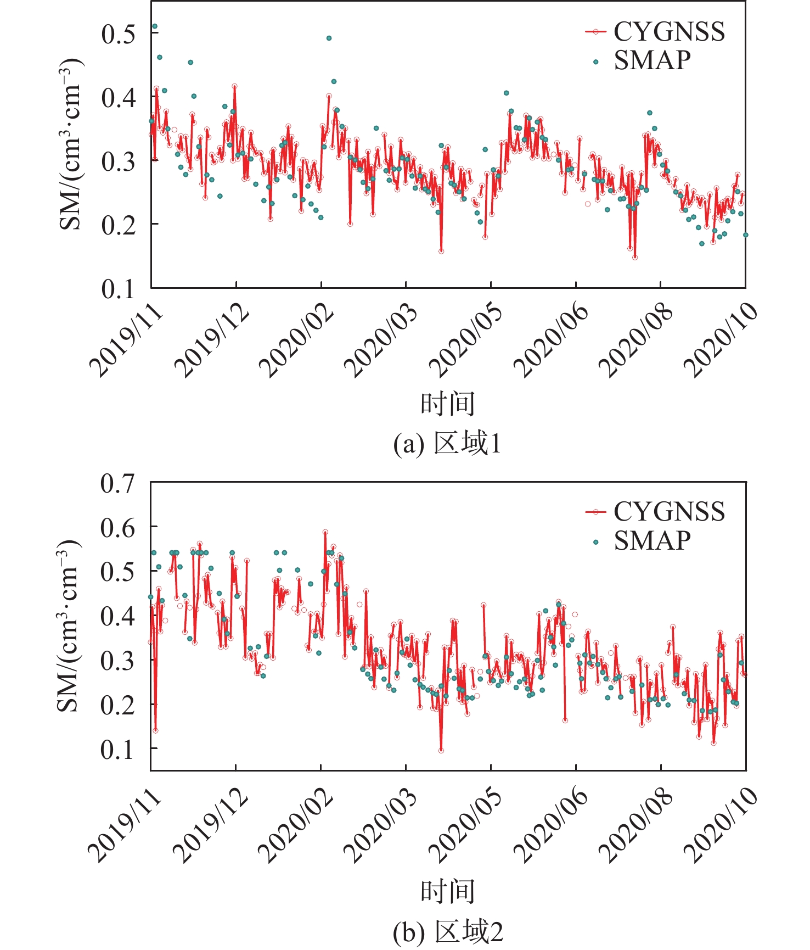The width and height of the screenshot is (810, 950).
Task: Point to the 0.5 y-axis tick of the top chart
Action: pos(118,34)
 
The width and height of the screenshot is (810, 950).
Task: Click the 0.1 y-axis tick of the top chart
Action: pos(118,289)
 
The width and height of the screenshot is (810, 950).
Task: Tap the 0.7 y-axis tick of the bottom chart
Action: pos(117,484)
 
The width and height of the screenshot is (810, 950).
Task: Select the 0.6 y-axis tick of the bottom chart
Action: pos(117,528)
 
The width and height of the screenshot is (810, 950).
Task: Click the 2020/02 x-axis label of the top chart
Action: pos(297,340)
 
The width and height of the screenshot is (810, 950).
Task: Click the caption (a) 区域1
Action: pos(447,444)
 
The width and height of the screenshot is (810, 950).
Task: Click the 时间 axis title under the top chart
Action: pos(447,404)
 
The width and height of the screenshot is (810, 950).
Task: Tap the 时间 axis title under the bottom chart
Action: pos(447,892)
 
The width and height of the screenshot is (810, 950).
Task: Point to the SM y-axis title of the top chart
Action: pos(70,144)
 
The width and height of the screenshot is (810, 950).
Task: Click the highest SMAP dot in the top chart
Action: pos(155,26)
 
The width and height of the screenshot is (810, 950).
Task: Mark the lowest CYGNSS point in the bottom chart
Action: pos(441,750)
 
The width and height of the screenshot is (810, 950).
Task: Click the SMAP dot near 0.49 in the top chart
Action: pos(329,38)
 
